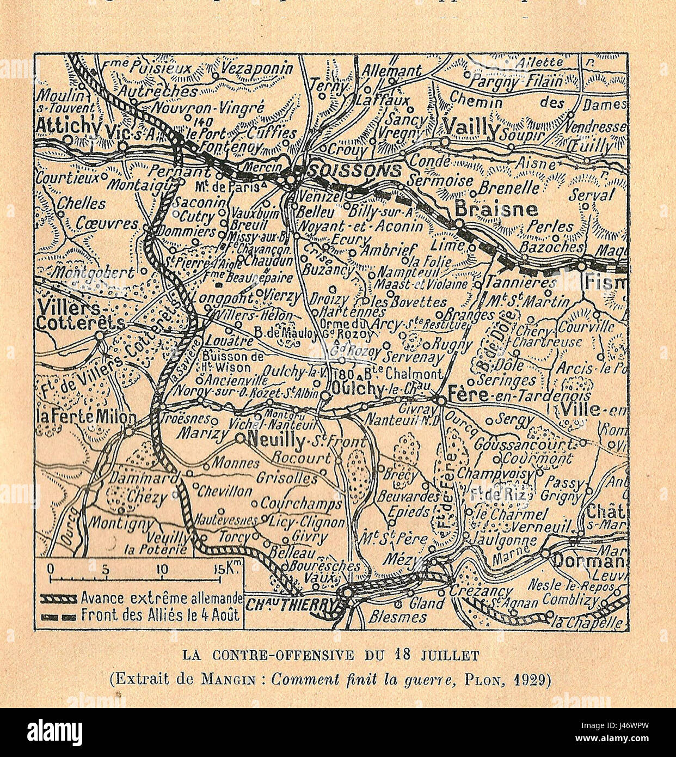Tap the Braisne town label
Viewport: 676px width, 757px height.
point(496,209)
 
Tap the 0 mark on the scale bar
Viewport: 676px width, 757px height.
point(51,569)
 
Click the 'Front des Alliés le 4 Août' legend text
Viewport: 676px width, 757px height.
point(161,616)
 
